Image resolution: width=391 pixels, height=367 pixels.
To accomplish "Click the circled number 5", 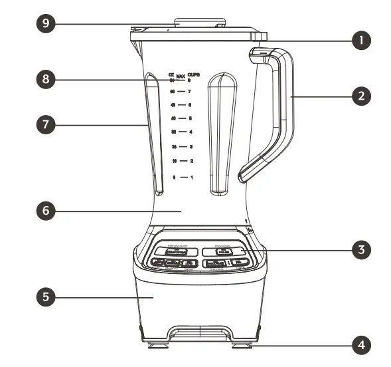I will pos(44,297).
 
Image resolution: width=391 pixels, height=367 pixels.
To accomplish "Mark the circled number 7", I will pos(44,124).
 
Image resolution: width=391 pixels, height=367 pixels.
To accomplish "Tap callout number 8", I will pos(44,78).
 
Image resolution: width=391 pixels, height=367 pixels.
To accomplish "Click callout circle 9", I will pos(44,23).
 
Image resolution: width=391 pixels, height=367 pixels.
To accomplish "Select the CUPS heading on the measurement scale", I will pos(193,76).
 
